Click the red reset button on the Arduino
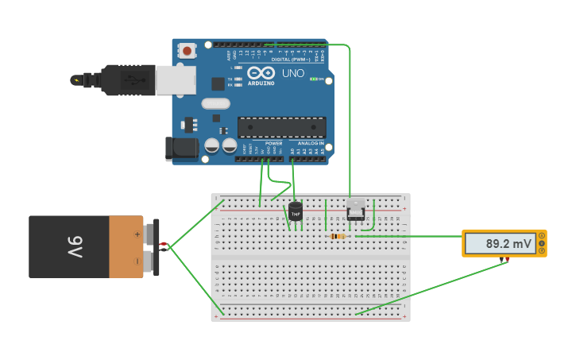click(187, 51)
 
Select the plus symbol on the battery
click(137, 234)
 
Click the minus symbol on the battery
click(137, 260)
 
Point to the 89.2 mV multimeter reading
click(508, 244)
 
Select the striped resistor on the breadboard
click(337, 236)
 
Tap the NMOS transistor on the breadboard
click(356, 211)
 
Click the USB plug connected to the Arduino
click(127, 79)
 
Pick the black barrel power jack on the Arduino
click(180, 149)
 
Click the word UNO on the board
click(294, 72)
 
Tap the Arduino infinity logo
click(261, 72)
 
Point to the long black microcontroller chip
click(282, 127)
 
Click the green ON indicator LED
click(315, 79)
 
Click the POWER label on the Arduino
click(262, 143)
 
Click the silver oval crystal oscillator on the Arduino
click(215, 103)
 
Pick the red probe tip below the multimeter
click(505, 260)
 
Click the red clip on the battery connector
click(164, 244)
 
